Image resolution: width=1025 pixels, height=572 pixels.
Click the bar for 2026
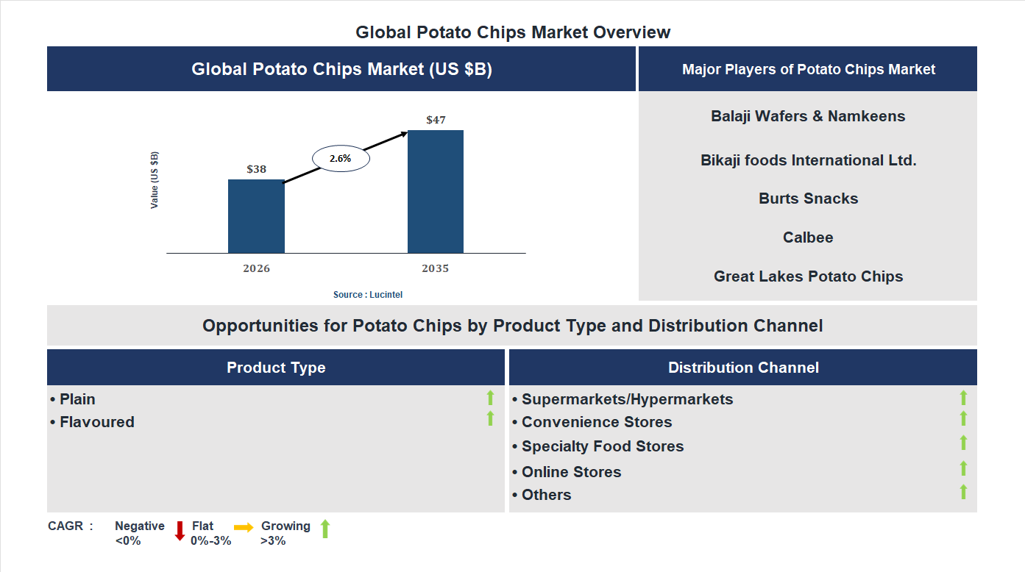point(256,216)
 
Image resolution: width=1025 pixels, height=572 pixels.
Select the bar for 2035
point(436,192)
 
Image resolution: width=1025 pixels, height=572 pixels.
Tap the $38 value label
point(256,169)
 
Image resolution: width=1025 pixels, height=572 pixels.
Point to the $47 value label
point(436,120)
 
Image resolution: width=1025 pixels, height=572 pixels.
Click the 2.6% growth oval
point(341,158)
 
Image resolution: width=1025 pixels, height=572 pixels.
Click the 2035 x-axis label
point(435,268)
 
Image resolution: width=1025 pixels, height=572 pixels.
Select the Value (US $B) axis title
point(155,180)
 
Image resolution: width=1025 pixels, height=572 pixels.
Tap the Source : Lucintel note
point(368,294)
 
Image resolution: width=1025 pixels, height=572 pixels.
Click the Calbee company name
point(808,237)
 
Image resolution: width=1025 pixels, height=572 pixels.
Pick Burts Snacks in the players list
point(808,199)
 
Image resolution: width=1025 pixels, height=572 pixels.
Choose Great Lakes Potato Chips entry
point(808,276)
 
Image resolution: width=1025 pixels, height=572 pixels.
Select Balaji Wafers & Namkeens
point(808,116)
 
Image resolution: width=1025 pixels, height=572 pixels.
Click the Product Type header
point(276,368)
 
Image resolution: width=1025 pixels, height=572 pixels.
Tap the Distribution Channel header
point(743,368)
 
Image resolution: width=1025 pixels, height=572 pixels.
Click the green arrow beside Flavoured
point(490,418)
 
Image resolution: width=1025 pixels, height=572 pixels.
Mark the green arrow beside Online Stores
point(963,468)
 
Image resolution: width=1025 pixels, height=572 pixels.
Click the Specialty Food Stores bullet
point(602,446)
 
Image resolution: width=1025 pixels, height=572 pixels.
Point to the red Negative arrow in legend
point(180,531)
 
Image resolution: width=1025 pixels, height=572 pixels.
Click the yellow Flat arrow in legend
point(244,527)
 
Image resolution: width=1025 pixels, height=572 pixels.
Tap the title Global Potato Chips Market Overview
point(513,32)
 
